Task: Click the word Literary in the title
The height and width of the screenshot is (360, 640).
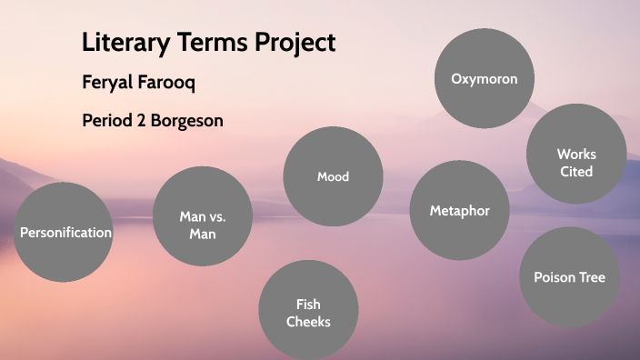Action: [x=123, y=43]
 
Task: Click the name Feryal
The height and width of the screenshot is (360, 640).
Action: [x=107, y=83]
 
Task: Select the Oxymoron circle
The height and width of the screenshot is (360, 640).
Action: [x=485, y=78]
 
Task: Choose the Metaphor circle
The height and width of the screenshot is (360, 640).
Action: [x=459, y=211]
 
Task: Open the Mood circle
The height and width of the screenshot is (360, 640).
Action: [x=333, y=176]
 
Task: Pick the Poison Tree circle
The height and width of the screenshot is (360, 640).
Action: [x=569, y=277]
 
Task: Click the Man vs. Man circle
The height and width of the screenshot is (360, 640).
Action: [x=202, y=216]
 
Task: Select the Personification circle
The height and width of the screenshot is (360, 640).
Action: [x=65, y=232]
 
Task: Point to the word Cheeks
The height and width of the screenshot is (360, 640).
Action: [x=308, y=322]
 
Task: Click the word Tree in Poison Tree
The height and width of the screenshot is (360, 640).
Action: [x=590, y=277]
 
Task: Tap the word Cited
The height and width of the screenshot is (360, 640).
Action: [x=576, y=171]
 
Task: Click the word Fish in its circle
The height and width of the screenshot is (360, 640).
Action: [x=308, y=305]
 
